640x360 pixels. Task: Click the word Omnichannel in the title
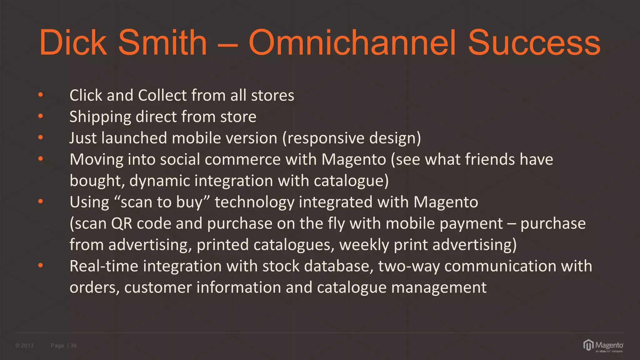(x=352, y=42)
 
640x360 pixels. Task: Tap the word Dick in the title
(x=73, y=42)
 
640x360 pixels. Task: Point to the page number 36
(x=73, y=346)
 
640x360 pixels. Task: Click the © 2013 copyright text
(x=24, y=346)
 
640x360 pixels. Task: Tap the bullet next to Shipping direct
(x=40, y=116)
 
